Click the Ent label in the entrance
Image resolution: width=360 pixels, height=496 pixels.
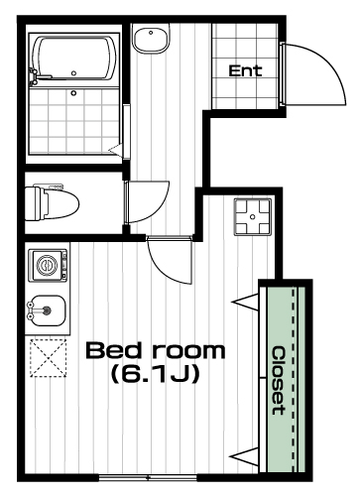coord(245,70)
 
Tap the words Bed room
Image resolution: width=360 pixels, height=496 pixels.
coord(156,350)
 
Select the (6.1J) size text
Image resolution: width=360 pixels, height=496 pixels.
coord(156,374)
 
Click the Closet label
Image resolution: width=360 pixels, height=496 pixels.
coord(279,380)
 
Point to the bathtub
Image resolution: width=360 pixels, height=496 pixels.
coord(74,59)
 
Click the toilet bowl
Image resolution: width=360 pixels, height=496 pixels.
coord(53,203)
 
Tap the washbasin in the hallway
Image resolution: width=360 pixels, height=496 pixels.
coord(151,38)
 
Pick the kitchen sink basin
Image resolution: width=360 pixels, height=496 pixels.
coord(47,310)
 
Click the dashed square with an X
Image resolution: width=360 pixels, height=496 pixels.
coord(49,358)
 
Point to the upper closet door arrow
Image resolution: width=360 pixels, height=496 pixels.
coord(245,302)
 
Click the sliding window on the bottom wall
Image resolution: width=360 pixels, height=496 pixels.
coord(148,477)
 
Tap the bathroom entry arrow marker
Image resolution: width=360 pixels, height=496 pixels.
coord(116,150)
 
